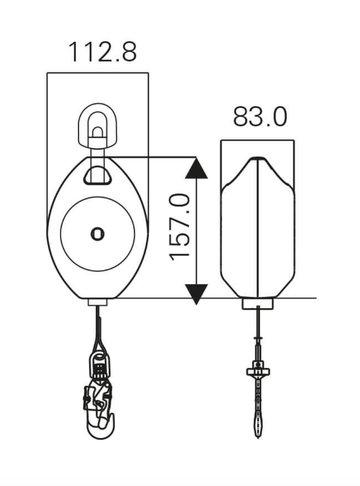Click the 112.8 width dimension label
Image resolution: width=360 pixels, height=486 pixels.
[x=102, y=52]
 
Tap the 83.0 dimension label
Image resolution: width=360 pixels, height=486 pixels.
[x=260, y=117]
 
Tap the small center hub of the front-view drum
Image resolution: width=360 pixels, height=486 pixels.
[x=98, y=234]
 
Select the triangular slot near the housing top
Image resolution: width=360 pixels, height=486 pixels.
[x=98, y=176]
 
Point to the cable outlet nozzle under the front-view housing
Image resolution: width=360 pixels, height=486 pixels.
[x=98, y=302]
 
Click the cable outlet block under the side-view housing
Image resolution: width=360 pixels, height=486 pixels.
[x=257, y=304]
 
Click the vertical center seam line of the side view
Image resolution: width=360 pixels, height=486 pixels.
[x=258, y=228]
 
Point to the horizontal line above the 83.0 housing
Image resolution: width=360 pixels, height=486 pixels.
[x=257, y=140]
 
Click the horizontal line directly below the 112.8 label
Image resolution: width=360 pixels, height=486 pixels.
[x=98, y=73]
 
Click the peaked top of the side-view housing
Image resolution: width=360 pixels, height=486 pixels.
[x=258, y=159]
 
